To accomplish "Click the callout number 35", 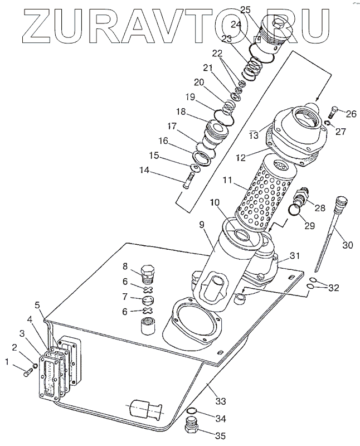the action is (x=220, y=436).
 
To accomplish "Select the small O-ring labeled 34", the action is (x=192, y=410).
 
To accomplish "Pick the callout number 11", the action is (x=227, y=180).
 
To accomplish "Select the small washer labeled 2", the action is (x=35, y=366).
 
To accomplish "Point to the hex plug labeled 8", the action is (x=148, y=273).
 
